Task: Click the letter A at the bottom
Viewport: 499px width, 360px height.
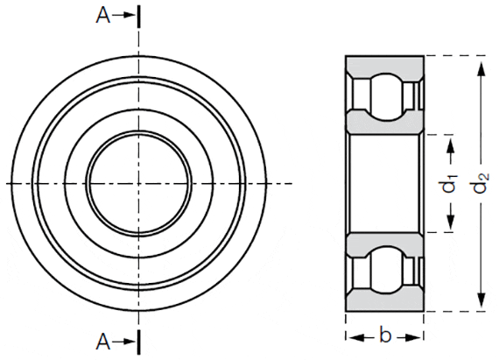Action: click(x=104, y=340)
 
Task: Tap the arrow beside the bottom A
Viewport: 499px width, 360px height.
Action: click(x=125, y=340)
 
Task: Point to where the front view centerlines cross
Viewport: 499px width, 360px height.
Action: click(x=137, y=182)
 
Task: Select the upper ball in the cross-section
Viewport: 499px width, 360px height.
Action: click(x=385, y=92)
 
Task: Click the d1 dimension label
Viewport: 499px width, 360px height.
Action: click(x=449, y=185)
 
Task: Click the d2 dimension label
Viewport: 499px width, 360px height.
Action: click(x=481, y=185)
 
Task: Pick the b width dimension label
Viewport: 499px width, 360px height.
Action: click(x=385, y=335)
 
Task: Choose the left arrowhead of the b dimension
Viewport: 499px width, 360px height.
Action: click(x=351, y=336)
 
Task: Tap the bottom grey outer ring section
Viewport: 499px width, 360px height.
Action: click(x=385, y=303)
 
